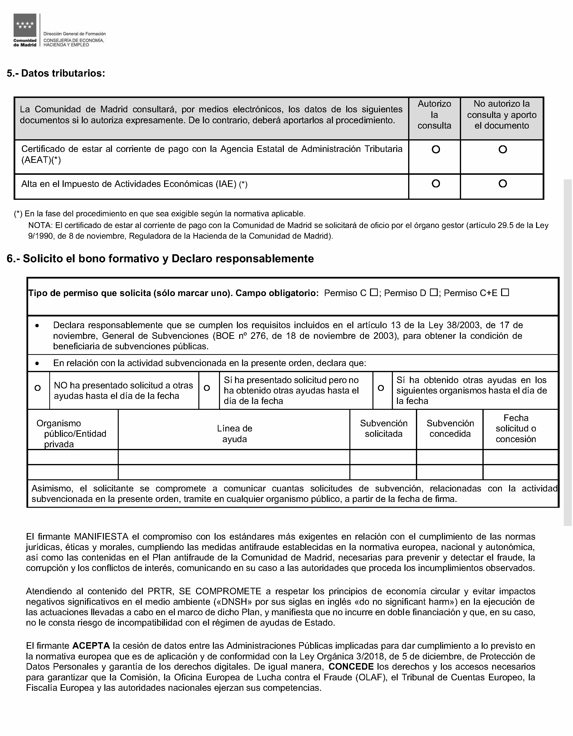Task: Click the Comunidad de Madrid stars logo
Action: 25,25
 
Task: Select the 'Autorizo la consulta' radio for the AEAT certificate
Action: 436,149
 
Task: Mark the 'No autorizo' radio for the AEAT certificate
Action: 502,149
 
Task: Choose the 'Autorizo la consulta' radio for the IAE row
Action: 436,184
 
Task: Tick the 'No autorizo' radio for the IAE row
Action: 502,184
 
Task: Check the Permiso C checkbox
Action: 373,293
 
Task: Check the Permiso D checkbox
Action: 433,293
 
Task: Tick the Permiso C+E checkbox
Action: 505,293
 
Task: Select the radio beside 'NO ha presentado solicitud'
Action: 38,388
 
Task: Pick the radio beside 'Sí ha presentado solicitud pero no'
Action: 207,388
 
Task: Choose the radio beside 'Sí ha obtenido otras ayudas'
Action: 381,388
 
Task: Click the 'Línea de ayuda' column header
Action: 234,434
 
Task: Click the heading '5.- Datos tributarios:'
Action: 56,73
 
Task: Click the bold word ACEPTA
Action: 91,646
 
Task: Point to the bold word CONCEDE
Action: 351,666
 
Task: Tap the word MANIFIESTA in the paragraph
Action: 101,536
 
